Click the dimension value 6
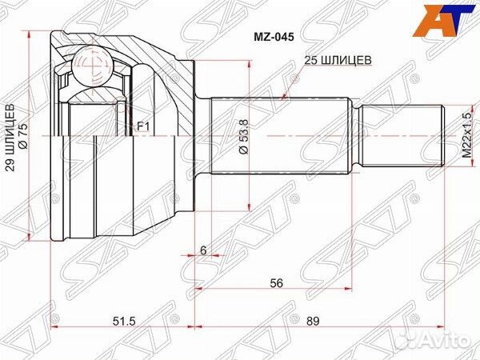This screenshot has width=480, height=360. pos(203,250)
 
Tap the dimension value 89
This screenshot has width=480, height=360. pos(312,322)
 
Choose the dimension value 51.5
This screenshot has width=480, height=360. pos(120,322)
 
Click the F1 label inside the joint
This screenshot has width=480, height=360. pos(143,125)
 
